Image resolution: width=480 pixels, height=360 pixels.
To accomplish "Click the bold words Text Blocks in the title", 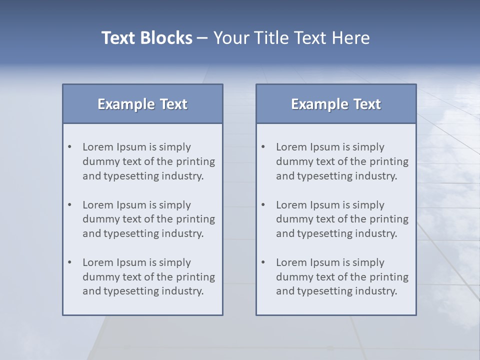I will (146, 38).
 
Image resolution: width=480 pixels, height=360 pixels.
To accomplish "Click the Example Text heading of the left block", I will (142, 104).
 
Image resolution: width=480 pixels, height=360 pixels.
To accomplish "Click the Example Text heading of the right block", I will (336, 104).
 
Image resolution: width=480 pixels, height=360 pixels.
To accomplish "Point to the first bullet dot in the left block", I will (70, 147).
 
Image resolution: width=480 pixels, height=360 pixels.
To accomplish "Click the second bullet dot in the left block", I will (70, 205).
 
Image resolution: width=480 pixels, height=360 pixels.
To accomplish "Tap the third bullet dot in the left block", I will (70, 262).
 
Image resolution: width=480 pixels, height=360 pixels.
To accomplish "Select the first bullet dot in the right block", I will (263, 147).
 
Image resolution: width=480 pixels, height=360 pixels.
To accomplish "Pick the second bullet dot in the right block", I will (263, 205).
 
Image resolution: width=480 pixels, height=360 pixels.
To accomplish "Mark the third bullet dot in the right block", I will (263, 262).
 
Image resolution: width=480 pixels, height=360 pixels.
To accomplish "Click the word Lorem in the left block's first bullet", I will (98, 147).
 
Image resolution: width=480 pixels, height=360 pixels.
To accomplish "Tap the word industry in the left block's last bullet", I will (182, 291).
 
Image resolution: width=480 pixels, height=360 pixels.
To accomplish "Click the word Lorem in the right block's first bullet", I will (291, 147).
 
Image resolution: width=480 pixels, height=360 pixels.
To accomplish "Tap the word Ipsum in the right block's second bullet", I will (325, 205).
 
